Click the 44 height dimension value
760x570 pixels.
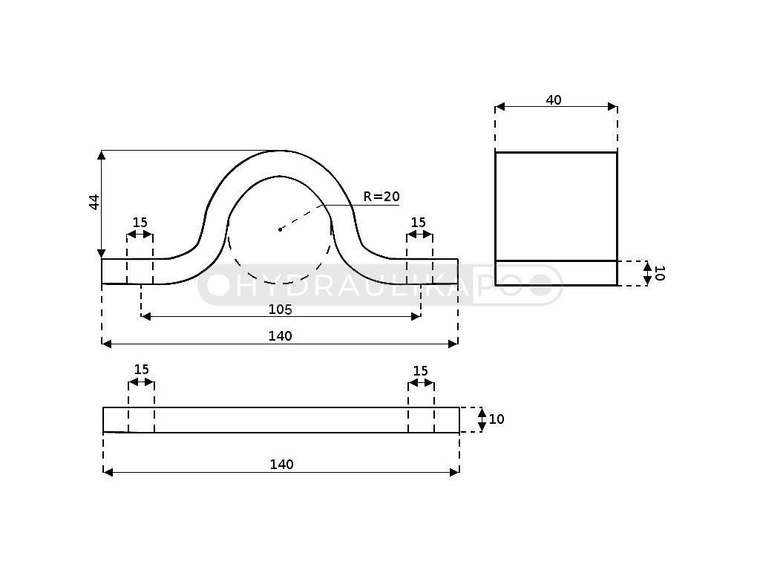(x=94, y=202)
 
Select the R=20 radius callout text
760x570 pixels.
(x=381, y=197)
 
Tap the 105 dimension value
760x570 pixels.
(x=280, y=309)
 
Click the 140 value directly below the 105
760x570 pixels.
(x=280, y=336)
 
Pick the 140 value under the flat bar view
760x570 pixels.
(x=281, y=465)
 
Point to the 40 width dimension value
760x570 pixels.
(x=554, y=100)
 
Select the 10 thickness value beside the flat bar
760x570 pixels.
(x=497, y=419)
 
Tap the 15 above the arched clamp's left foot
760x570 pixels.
(x=140, y=223)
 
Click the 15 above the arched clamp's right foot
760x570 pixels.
(x=419, y=223)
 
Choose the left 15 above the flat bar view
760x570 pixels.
(x=141, y=370)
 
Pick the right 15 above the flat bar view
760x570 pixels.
(x=420, y=370)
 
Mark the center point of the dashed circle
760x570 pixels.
(x=280, y=229)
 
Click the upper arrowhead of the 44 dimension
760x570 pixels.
(x=102, y=155)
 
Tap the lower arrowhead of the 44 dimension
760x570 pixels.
(x=102, y=254)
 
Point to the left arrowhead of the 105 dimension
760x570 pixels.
(x=145, y=317)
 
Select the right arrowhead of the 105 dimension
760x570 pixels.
(x=416, y=317)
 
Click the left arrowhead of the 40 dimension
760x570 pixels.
(x=499, y=107)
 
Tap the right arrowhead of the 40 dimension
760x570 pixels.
(x=612, y=107)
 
